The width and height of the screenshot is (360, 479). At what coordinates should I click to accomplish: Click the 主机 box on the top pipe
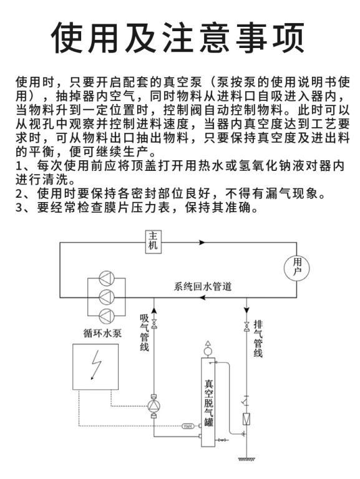(153, 241)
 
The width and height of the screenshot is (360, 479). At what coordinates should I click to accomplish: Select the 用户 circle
(296, 269)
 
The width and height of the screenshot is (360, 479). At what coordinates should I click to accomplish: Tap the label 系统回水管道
(203, 286)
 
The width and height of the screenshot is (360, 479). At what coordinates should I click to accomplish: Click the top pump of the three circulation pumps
(107, 278)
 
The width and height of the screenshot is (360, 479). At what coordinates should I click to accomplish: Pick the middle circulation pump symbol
(107, 296)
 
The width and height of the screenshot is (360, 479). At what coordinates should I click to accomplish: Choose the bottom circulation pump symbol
(107, 316)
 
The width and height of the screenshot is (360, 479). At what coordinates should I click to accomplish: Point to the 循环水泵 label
(102, 333)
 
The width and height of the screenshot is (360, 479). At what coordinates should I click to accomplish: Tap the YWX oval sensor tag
(188, 426)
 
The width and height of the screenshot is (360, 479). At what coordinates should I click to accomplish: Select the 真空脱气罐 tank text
(209, 402)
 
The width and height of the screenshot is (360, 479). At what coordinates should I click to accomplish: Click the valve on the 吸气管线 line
(154, 324)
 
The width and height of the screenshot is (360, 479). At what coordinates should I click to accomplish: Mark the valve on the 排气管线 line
(246, 326)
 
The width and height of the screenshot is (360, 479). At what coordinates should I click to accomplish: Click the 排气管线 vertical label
(258, 339)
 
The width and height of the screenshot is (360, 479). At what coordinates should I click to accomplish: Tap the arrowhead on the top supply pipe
(202, 243)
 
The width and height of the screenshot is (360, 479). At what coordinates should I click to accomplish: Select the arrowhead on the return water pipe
(202, 298)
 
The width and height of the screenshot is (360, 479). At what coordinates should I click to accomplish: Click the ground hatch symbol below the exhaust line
(246, 459)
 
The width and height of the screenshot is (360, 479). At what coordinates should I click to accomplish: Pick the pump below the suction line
(154, 405)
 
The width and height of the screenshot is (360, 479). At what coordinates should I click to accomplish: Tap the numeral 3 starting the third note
(19, 208)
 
